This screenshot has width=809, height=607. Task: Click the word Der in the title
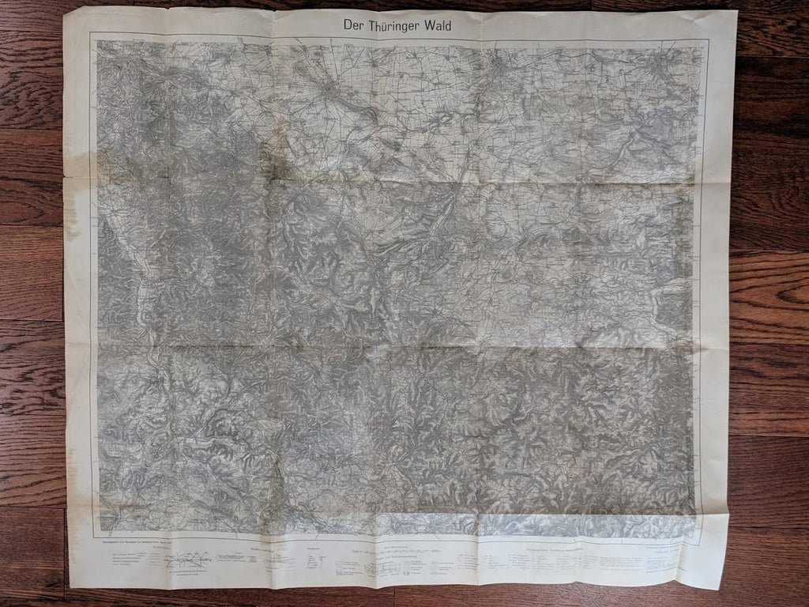point(355,26)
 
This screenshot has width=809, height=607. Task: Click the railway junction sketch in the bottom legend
point(188,560)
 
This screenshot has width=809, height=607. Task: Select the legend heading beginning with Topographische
point(548,545)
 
